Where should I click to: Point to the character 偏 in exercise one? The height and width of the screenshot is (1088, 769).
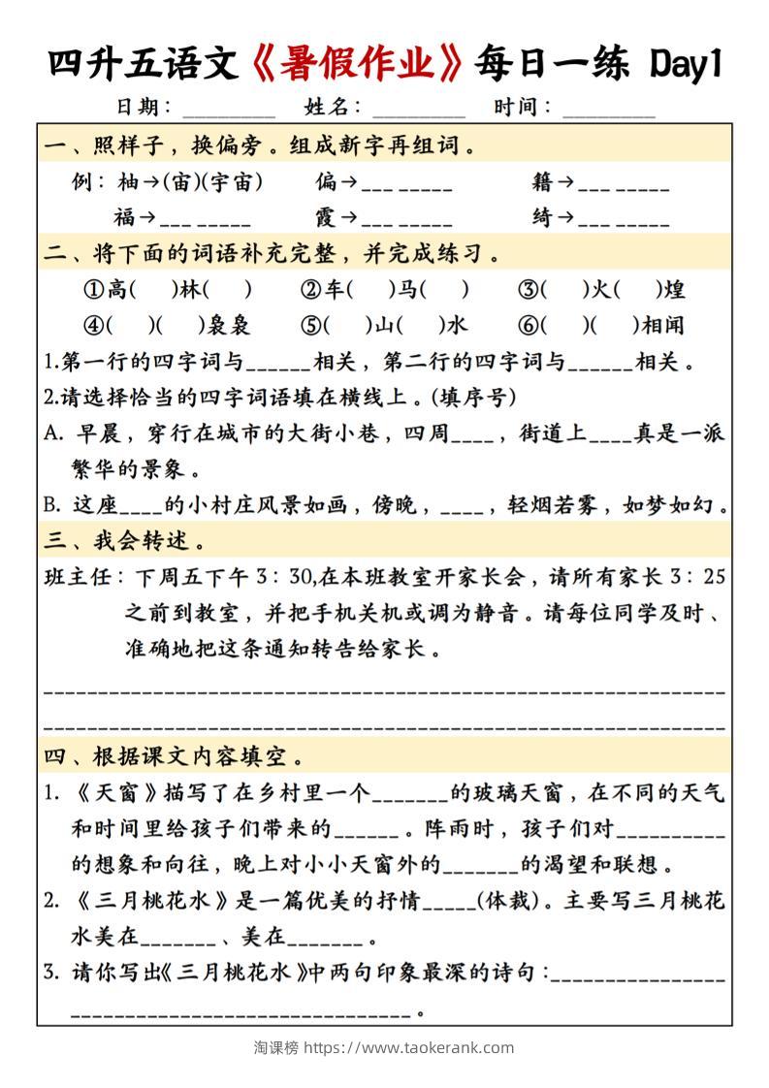(x=327, y=181)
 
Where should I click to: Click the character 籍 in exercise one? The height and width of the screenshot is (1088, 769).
(x=543, y=181)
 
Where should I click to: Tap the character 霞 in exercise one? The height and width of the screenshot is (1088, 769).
(x=327, y=217)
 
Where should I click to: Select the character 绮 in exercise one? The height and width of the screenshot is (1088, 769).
(x=543, y=217)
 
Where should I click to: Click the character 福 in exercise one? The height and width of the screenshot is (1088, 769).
(x=124, y=217)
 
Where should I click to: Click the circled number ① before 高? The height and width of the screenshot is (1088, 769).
(x=93, y=289)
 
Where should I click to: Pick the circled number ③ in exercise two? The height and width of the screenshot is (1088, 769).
(x=528, y=289)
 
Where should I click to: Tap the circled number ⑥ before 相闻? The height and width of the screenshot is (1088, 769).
(x=528, y=325)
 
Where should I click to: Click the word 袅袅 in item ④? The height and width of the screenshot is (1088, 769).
(x=229, y=325)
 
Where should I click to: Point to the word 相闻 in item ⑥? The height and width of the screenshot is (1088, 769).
(x=689, y=325)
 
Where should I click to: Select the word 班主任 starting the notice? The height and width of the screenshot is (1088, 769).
(x=78, y=577)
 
